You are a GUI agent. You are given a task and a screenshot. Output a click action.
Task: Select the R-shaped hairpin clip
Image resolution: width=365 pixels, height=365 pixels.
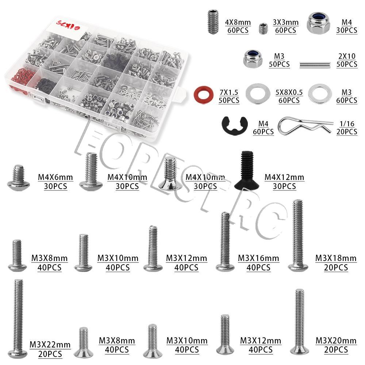pyautogui.click(x=305, y=126)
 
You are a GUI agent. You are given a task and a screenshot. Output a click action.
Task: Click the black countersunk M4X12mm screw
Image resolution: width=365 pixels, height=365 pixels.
pyautogui.click(x=247, y=170)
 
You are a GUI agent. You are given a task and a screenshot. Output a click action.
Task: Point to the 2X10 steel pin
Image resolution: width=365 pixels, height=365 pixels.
pyautogui.click(x=315, y=65)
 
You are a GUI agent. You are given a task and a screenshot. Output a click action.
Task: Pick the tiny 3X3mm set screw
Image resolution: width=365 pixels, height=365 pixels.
pyautogui.click(x=263, y=28)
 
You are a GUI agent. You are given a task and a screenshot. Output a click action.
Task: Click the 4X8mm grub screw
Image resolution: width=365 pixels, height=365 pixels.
pyautogui.click(x=213, y=22)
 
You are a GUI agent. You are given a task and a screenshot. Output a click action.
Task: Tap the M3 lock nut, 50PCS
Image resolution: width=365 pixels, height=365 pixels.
pyautogui.click(x=253, y=59)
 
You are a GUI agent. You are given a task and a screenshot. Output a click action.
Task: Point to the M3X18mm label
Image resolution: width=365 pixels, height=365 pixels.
pyautogui.click(x=336, y=258)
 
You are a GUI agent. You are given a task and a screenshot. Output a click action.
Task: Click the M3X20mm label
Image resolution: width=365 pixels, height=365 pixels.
pyautogui.click(x=336, y=341)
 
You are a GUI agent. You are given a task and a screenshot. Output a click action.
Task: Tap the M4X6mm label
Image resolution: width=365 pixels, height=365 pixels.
pyautogui.click(x=55, y=177)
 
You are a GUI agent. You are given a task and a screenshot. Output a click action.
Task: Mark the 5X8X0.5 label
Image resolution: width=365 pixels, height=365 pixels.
pyautogui.click(x=289, y=92)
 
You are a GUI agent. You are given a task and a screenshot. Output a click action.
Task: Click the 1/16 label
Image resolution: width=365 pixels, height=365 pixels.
pyautogui.click(x=347, y=124)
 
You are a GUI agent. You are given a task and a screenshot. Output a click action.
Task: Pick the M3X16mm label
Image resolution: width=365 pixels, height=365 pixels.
pyautogui.click(x=258, y=258)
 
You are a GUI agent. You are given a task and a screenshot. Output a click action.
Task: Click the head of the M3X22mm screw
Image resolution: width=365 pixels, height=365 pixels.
pyautogui.click(x=18, y=353)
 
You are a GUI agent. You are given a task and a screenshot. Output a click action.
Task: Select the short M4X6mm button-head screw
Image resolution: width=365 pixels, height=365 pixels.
pyautogui.click(x=18, y=178)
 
